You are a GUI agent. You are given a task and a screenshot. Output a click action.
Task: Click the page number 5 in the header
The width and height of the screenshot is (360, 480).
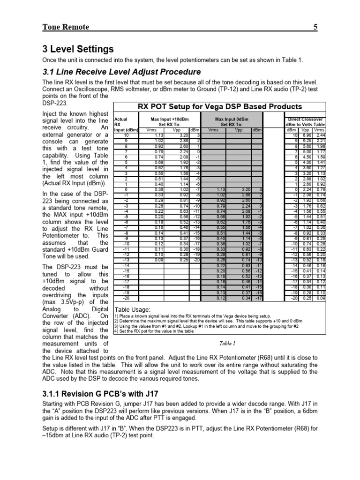coord(315,27)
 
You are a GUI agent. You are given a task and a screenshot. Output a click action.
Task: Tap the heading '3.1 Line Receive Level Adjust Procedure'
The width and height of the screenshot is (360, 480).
coord(115,72)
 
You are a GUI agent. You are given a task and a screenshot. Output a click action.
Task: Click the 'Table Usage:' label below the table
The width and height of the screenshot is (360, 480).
coord(133,310)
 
